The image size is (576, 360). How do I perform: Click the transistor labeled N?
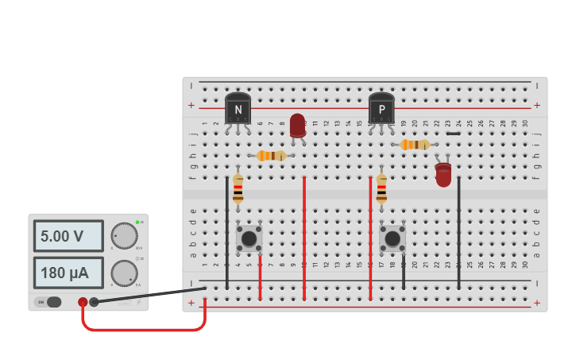point(238,109)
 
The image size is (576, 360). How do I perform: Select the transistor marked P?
point(381,109)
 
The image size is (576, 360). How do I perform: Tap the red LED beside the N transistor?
point(297,125)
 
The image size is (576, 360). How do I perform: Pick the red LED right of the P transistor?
point(443,175)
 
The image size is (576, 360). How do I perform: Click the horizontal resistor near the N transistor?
point(271,156)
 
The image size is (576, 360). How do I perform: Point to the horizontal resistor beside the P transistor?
point(414,145)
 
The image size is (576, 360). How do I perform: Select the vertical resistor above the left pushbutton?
point(238,188)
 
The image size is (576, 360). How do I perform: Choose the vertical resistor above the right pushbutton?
point(381,188)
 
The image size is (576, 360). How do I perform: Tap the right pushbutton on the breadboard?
point(392,238)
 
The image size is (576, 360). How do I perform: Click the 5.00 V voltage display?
point(68,236)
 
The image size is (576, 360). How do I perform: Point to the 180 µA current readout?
point(68,273)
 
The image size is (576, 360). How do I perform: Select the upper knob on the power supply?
point(124,235)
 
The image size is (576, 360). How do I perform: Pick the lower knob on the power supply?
point(124,273)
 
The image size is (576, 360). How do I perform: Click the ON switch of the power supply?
point(49,302)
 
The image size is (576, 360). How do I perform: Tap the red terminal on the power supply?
point(83,302)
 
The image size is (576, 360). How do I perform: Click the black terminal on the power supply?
point(94,302)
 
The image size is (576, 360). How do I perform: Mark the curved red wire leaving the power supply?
point(143,328)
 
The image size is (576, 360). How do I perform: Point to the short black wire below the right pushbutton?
point(404,276)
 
